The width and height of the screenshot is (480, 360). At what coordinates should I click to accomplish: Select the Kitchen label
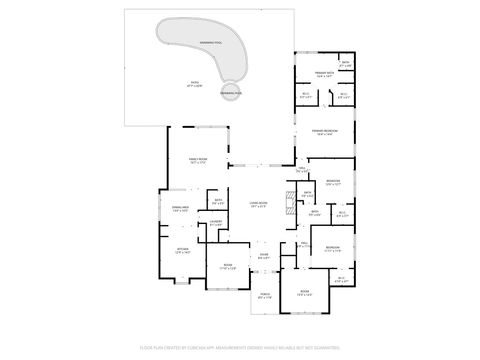pos(183,251)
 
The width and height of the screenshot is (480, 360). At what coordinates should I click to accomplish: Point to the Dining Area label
pos(181,209)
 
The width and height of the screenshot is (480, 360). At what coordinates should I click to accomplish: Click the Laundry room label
pos(215,225)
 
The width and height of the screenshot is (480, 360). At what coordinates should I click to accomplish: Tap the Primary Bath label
pos(325,74)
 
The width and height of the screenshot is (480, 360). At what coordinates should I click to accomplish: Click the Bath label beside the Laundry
pos(217,203)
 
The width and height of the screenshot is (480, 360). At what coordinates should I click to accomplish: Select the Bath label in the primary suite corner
pos(345,65)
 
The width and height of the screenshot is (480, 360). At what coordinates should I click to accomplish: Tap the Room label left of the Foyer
pos(228,267)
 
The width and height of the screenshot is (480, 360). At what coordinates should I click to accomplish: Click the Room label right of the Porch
pos(305,293)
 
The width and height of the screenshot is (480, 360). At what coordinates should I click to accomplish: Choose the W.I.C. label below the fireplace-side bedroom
pos(342,213)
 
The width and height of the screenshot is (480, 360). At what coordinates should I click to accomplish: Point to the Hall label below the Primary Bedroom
pos(300,171)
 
